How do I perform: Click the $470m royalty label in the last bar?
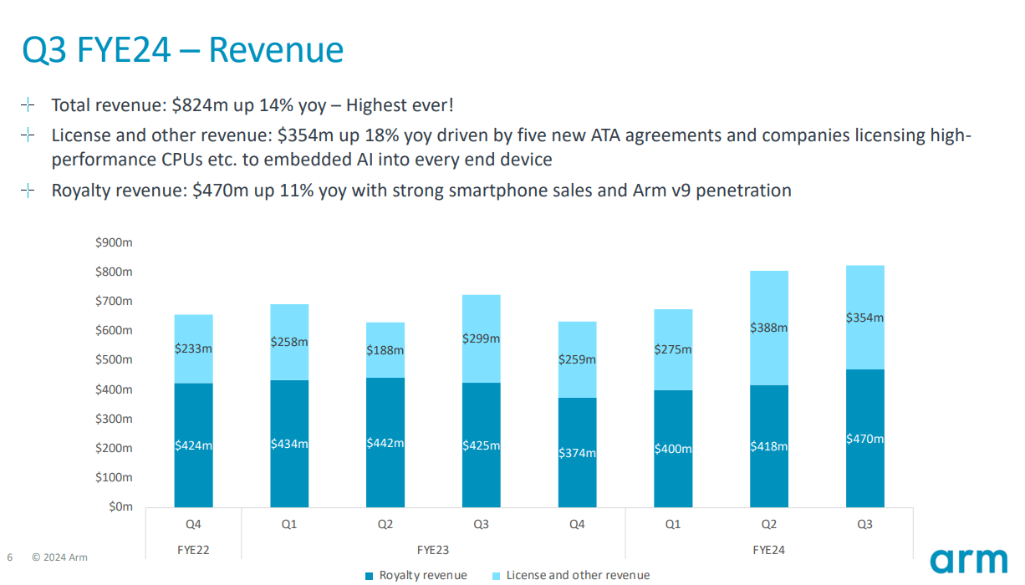pyautogui.click(x=864, y=439)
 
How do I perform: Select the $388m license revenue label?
pyautogui.click(x=768, y=328)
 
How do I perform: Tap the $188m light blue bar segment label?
pyautogui.click(x=385, y=350)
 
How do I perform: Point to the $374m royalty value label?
pyautogui.click(x=577, y=452)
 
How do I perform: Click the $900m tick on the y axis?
pyautogui.click(x=115, y=242)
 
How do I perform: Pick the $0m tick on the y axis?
pyautogui.click(x=120, y=506)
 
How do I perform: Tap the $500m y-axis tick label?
pyautogui.click(x=115, y=360)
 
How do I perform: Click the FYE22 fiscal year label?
pyautogui.click(x=193, y=550)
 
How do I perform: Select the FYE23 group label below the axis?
pyautogui.click(x=433, y=550)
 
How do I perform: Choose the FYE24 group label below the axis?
pyautogui.click(x=768, y=550)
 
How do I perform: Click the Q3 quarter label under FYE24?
pyautogui.click(x=864, y=525)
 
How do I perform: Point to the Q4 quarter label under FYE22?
pyautogui.click(x=193, y=525)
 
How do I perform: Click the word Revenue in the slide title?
pyautogui.click(x=275, y=50)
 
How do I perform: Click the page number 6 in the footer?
pyautogui.click(x=10, y=557)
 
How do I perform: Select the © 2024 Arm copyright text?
pyautogui.click(x=59, y=557)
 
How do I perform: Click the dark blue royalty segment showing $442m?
pyautogui.click(x=385, y=443)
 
